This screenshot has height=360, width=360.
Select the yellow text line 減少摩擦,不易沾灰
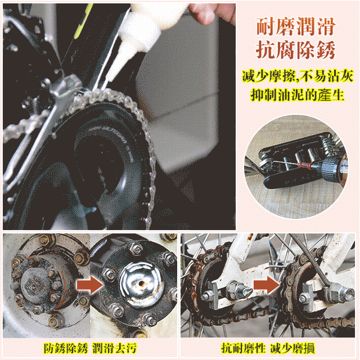coord(296,75)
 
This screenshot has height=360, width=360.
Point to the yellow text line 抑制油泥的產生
coord(296,94)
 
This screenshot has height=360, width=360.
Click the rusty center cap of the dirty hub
coord(34,281)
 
